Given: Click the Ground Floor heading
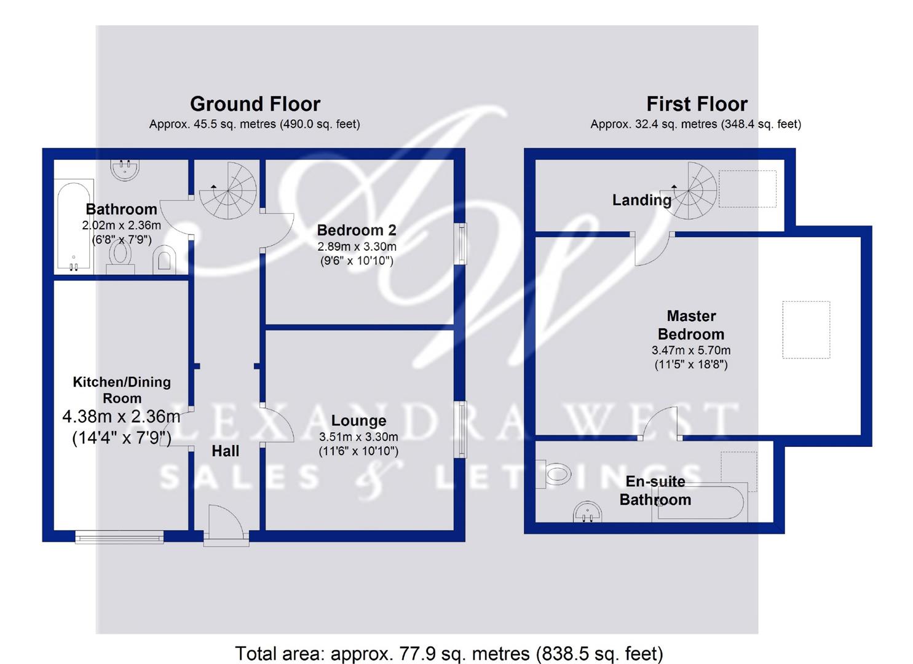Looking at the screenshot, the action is [x=255, y=104].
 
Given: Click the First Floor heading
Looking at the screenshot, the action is [x=697, y=104].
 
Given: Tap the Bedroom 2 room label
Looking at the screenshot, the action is [x=357, y=231].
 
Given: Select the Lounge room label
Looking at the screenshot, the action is [x=358, y=421].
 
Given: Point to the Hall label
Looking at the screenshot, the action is [x=226, y=451].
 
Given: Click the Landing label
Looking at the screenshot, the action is [x=642, y=200].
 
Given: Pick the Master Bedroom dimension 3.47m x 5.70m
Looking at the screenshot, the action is [x=691, y=350].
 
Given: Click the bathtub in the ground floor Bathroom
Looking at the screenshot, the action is [x=74, y=227].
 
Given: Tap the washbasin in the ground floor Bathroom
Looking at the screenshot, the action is [x=125, y=170].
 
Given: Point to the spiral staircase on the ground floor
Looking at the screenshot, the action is [x=228, y=191].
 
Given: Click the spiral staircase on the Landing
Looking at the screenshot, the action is [x=689, y=191].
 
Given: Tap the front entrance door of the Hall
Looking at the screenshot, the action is [x=226, y=526].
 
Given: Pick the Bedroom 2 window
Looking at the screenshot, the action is [x=461, y=243].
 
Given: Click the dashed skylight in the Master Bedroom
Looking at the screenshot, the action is [x=806, y=330].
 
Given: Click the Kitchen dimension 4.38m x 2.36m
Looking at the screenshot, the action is [x=121, y=417].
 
